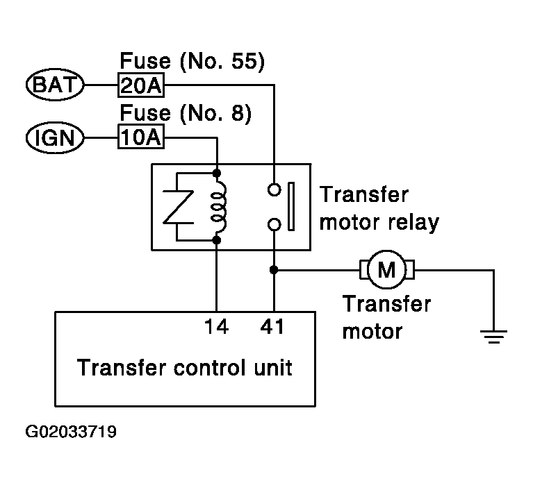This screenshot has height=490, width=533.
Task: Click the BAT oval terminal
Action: [55, 85]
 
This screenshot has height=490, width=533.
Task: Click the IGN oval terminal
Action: [55, 137]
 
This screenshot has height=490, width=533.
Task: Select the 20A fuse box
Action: [141, 85]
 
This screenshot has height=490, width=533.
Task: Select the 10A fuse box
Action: [141, 137]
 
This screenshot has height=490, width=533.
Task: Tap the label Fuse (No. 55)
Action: [192, 61]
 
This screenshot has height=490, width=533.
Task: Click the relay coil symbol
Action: [219, 206]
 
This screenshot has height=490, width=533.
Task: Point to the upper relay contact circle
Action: [274, 189]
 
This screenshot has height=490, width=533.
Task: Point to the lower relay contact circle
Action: [274, 224]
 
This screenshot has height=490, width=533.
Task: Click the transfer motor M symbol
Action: [387, 270]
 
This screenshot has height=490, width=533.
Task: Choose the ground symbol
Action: [493, 337]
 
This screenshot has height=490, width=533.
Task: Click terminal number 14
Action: [216, 327]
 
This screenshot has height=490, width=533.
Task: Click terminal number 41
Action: [272, 327]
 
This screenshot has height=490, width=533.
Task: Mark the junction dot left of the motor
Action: [274, 270]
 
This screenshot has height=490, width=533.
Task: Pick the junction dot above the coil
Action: [217, 174]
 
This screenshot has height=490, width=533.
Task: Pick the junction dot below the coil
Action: [217, 240]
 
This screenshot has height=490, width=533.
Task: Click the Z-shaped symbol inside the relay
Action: [178, 207]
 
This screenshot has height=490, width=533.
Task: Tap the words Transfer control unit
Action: [185, 367]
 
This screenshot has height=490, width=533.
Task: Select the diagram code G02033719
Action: [71, 432]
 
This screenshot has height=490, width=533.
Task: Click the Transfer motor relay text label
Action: [379, 208]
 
